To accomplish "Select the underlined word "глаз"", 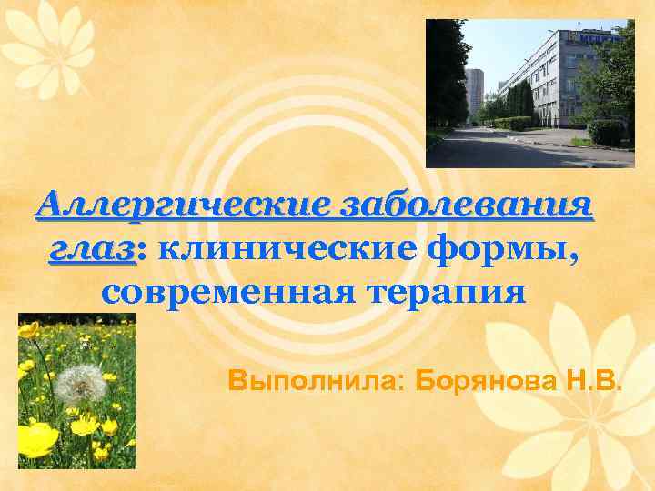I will click(91, 248).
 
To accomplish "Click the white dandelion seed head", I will click(80, 385).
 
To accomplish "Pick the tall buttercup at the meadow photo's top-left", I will click(30, 330).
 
